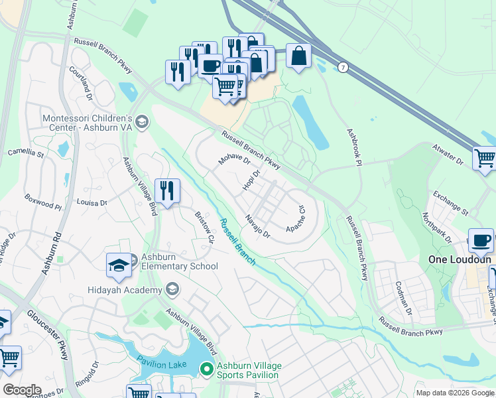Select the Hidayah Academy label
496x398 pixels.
[x=125, y=291]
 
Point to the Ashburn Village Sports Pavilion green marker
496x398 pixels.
[x=207, y=369]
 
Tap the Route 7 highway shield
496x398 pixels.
[x=343, y=68]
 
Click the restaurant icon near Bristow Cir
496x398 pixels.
[x=168, y=191]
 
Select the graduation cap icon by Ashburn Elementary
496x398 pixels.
[x=119, y=265]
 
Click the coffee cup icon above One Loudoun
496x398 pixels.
[x=481, y=240]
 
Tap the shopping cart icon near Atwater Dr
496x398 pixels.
[x=485, y=159]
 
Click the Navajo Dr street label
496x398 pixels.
[x=257, y=226]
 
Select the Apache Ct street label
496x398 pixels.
[x=295, y=218]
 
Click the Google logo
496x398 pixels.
[x=22, y=389]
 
